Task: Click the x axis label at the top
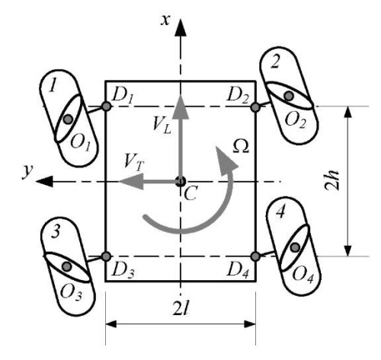[x=165, y=21]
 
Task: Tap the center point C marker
[x=181, y=182]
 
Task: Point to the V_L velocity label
[x=162, y=125]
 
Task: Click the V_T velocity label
[x=134, y=162]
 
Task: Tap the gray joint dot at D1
[x=107, y=107]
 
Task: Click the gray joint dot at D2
[x=255, y=107]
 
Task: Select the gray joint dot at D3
[x=106, y=256]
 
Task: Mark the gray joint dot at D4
[x=255, y=256]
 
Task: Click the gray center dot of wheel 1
[x=68, y=119]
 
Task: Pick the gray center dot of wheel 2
[x=289, y=96]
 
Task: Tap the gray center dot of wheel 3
[x=67, y=266]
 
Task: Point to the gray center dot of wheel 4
[x=295, y=247]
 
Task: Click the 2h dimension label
[x=332, y=180]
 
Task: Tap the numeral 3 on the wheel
[x=56, y=232]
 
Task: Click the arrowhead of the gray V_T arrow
[x=131, y=181]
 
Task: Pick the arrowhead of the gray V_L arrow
[x=181, y=107]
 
